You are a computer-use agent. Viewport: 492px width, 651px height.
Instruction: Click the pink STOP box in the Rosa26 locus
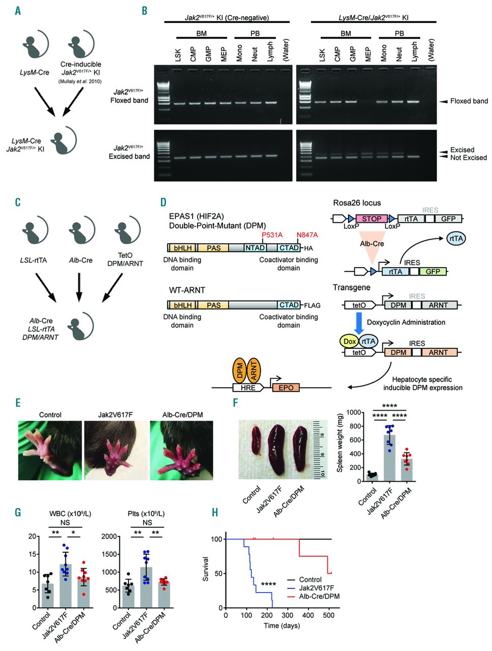click(x=371, y=219)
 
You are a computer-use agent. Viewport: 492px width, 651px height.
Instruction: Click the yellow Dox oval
click(x=350, y=341)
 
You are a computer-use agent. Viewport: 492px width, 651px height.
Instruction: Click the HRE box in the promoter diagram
click(x=248, y=388)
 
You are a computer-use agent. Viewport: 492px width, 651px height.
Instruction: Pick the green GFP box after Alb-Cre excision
click(x=433, y=272)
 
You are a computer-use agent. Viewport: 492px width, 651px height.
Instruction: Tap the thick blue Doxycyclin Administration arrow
click(x=359, y=322)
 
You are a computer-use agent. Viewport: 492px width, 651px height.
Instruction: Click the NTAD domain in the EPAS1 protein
click(x=255, y=248)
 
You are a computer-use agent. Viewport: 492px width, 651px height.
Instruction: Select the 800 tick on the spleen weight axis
click(x=348, y=426)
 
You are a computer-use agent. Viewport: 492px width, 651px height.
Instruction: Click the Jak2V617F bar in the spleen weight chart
click(x=389, y=458)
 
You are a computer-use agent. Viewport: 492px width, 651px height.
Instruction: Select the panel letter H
click(x=215, y=512)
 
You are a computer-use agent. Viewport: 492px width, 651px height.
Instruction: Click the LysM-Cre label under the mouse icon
click(x=35, y=72)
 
